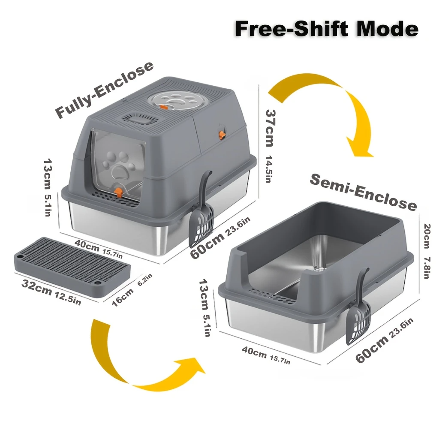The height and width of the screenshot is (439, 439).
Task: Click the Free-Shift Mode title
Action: coord(326,29)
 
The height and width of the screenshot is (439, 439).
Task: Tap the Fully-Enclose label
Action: coord(104,89)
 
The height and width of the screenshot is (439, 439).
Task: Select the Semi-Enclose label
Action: coord(364,192)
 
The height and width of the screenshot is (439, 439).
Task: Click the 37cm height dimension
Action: coord(271,128)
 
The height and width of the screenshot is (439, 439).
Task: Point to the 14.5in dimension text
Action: coord(268,169)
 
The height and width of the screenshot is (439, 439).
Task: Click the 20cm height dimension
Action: coord(427,236)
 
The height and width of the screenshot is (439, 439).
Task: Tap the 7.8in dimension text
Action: coord(427,268)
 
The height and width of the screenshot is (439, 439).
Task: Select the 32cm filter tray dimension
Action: coord(37,287)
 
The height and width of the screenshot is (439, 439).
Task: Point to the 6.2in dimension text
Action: coord(145,280)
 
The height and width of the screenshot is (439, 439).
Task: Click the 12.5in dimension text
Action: coord(68,298)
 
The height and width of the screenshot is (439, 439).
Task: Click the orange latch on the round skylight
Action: coord(163,107)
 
